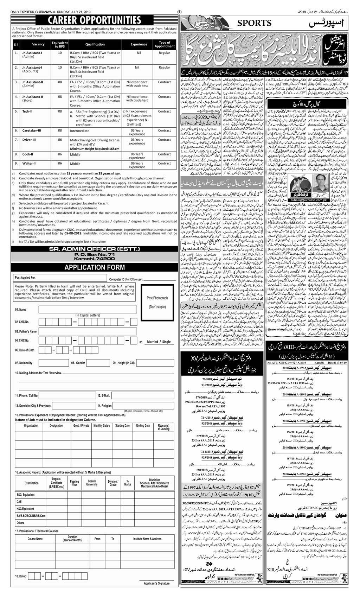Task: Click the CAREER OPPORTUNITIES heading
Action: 94,19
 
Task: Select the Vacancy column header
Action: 38,44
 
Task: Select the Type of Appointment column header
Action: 165,44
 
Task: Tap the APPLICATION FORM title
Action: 94,267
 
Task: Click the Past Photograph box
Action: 157,302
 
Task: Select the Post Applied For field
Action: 60,278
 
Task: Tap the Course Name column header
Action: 35,539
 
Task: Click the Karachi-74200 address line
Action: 94,259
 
